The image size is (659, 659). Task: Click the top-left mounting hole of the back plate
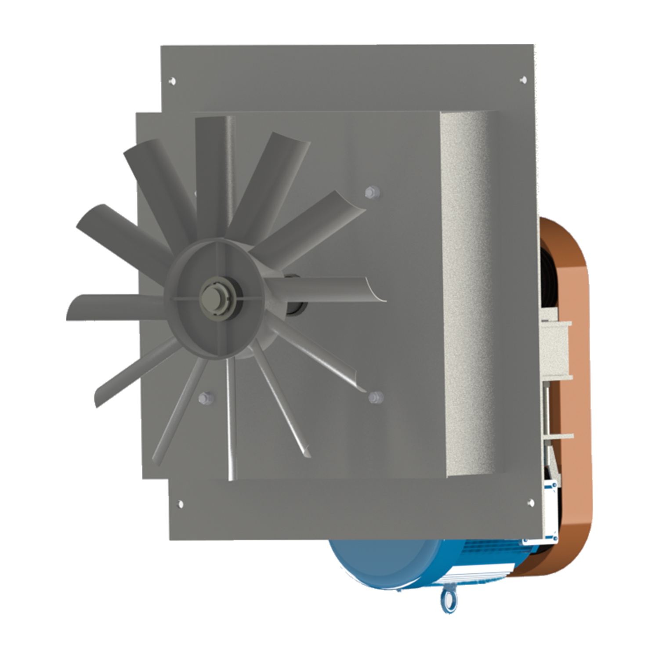[172, 81]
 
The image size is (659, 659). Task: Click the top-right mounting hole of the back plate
[523, 80]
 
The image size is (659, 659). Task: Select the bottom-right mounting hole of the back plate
[531, 502]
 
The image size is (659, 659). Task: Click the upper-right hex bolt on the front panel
[372, 192]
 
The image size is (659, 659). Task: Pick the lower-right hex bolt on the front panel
[374, 397]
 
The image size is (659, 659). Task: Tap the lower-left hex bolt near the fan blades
[205, 398]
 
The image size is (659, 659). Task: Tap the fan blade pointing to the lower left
[132, 373]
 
